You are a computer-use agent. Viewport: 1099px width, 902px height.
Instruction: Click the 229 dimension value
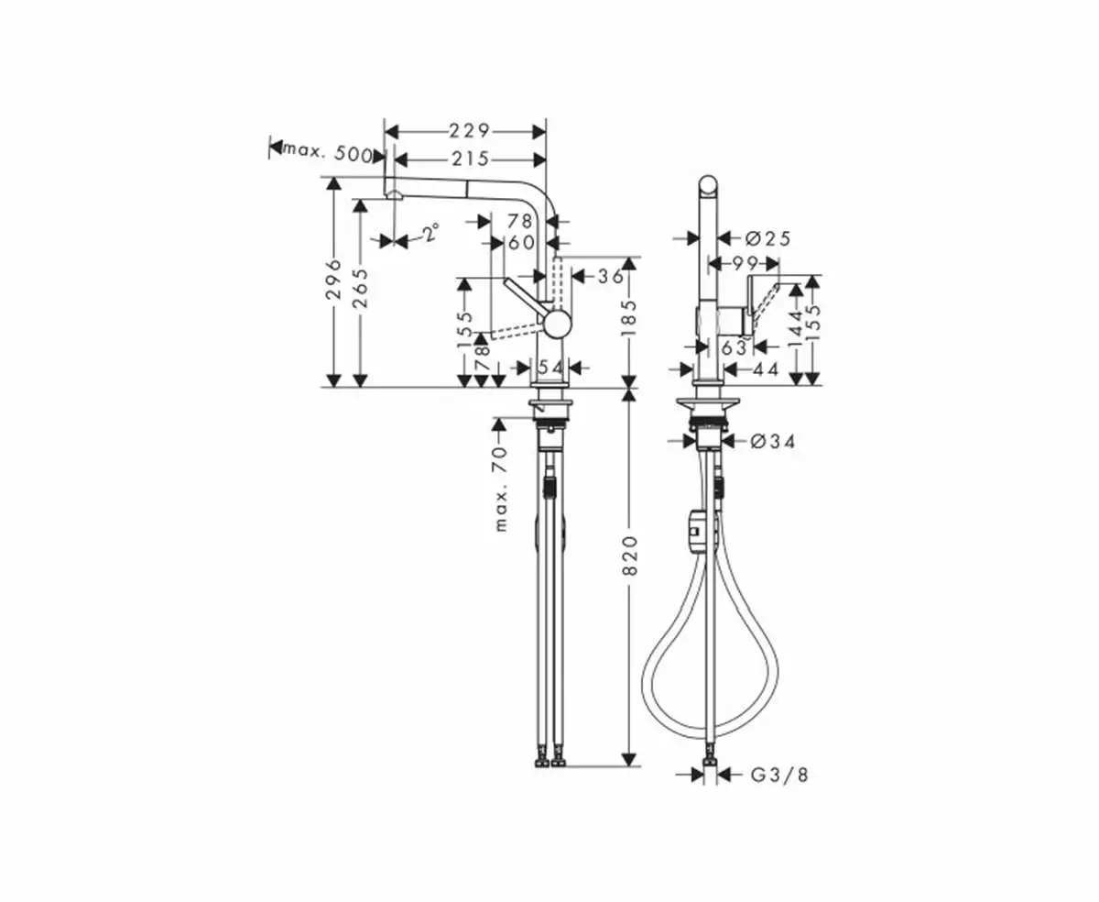click(470, 131)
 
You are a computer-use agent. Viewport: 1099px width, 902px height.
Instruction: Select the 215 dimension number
click(471, 159)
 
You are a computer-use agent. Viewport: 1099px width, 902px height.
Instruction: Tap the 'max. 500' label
click(327, 153)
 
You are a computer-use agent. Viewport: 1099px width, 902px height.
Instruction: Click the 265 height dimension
click(360, 288)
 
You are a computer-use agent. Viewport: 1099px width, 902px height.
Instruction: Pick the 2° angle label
click(431, 232)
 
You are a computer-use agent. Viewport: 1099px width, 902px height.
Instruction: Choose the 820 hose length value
click(630, 555)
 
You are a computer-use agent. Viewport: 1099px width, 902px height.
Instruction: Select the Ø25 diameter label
click(768, 239)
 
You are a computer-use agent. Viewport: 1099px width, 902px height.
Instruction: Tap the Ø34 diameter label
click(773, 443)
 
